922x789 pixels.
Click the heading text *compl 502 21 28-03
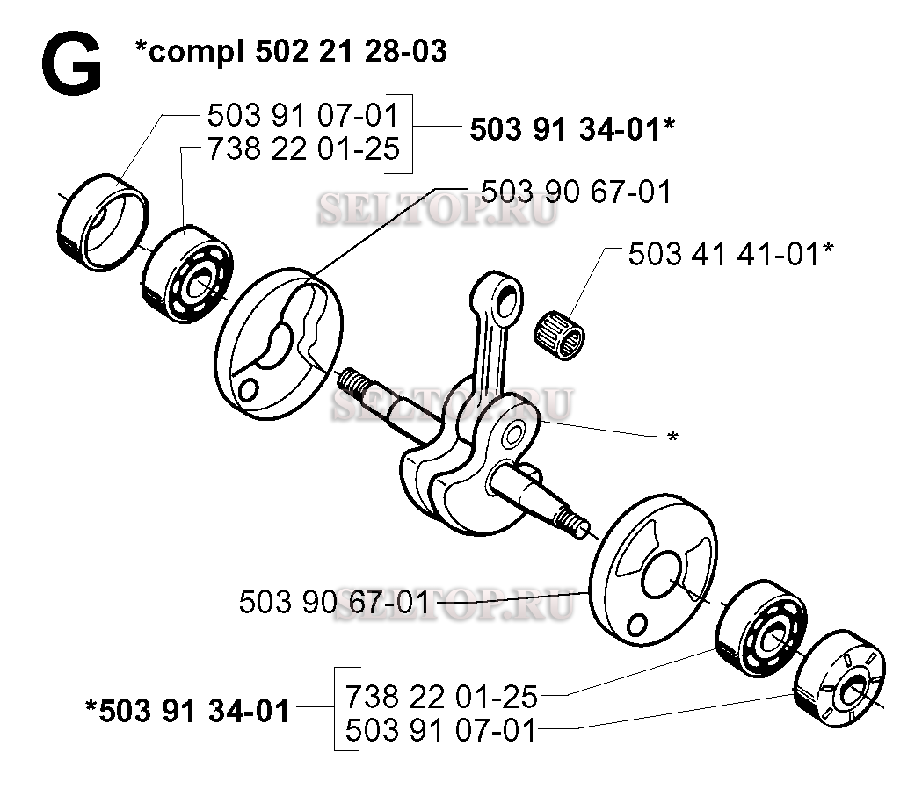point(291,51)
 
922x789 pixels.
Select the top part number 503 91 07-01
point(303,115)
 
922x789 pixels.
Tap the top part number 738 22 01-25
point(303,148)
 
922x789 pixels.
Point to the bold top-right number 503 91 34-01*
point(572,129)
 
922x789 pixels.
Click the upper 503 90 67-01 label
point(577,192)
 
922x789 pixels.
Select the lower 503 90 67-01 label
point(335,603)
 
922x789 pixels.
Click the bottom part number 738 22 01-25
point(441,697)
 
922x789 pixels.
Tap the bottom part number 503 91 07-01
point(441,731)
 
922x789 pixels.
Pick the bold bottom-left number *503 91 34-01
point(187,710)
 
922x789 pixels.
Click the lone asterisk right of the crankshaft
point(672,437)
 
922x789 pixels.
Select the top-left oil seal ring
point(103,222)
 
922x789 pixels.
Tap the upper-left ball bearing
point(188,274)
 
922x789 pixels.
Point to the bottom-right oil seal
point(839,678)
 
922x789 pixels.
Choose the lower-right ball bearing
point(762,628)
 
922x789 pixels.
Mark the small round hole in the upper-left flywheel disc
point(249,388)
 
